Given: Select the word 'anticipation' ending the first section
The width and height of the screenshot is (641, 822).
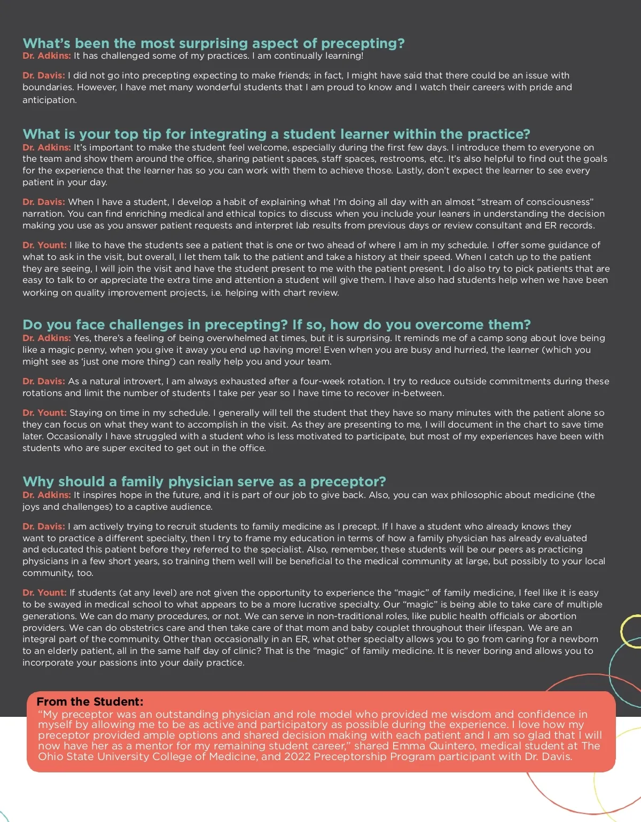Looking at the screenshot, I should (x=49, y=100).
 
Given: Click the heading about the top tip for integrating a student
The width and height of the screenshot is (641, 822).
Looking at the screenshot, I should (x=276, y=134).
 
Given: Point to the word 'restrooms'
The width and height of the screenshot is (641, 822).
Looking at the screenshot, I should (x=395, y=159).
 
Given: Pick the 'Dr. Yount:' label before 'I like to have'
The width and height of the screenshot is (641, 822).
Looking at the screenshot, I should (x=44, y=245).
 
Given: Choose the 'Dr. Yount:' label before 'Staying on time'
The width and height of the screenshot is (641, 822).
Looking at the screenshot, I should (x=44, y=413).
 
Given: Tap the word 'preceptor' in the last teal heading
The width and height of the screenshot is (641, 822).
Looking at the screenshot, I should (x=348, y=481).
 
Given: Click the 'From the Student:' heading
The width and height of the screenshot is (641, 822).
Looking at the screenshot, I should (x=90, y=701).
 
